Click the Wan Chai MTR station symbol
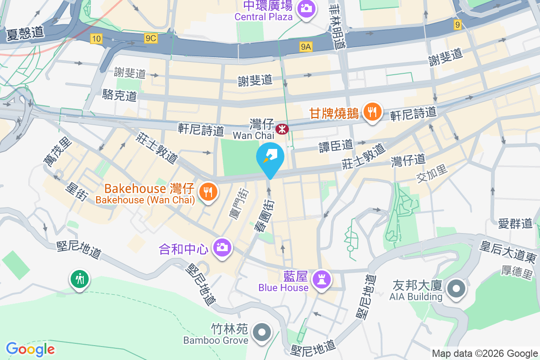click(283, 129)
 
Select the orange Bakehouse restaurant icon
click(208, 192)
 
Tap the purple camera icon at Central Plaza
click(306, 9)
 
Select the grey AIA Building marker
click(456, 288)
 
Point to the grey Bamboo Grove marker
click(261, 333)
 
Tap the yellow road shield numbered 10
click(96, 39)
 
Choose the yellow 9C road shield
click(151, 39)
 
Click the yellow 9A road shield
click(306, 46)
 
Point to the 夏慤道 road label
click(25, 33)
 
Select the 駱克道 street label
click(119, 95)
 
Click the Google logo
click(30, 349)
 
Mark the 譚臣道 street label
click(336, 145)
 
